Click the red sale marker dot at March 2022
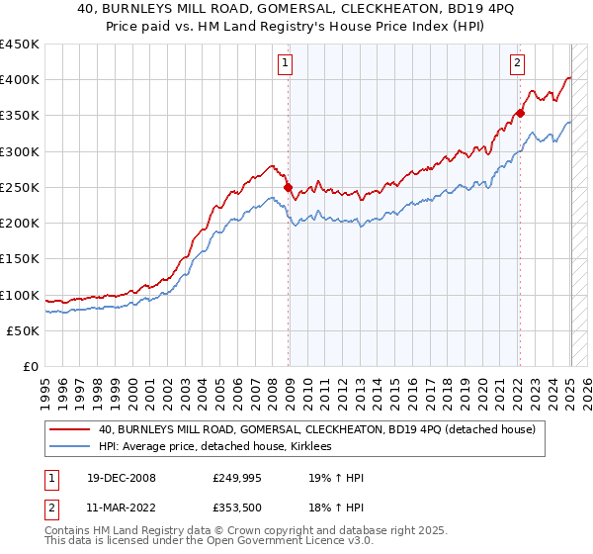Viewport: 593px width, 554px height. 520,113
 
